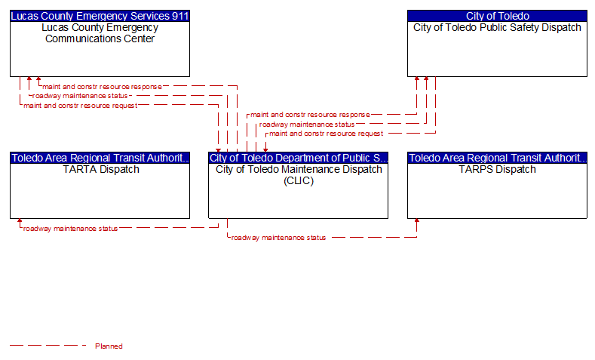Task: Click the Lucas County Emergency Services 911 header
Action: (x=100, y=16)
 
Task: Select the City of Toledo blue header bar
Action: (x=497, y=16)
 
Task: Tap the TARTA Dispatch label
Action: (x=101, y=169)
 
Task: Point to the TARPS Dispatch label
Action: (x=497, y=169)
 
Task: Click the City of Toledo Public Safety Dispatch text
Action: (x=497, y=27)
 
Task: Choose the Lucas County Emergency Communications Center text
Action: (x=100, y=33)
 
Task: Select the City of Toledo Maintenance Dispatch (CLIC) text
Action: (x=299, y=174)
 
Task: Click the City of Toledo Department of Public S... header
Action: (x=299, y=158)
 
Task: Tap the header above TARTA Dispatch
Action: (x=100, y=158)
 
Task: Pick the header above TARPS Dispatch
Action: (x=497, y=158)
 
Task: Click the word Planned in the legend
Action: (x=109, y=346)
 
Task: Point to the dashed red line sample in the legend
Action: (x=48, y=346)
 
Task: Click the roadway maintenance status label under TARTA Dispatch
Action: (x=70, y=229)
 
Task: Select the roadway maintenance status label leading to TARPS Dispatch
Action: (x=278, y=238)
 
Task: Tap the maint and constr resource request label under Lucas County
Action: (x=81, y=106)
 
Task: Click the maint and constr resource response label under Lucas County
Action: (x=102, y=87)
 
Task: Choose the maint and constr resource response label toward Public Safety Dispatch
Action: (x=310, y=115)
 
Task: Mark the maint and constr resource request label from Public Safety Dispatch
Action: (x=327, y=134)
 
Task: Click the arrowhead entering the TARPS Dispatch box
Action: (x=417, y=220)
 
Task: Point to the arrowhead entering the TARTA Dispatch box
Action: (x=20, y=220)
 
